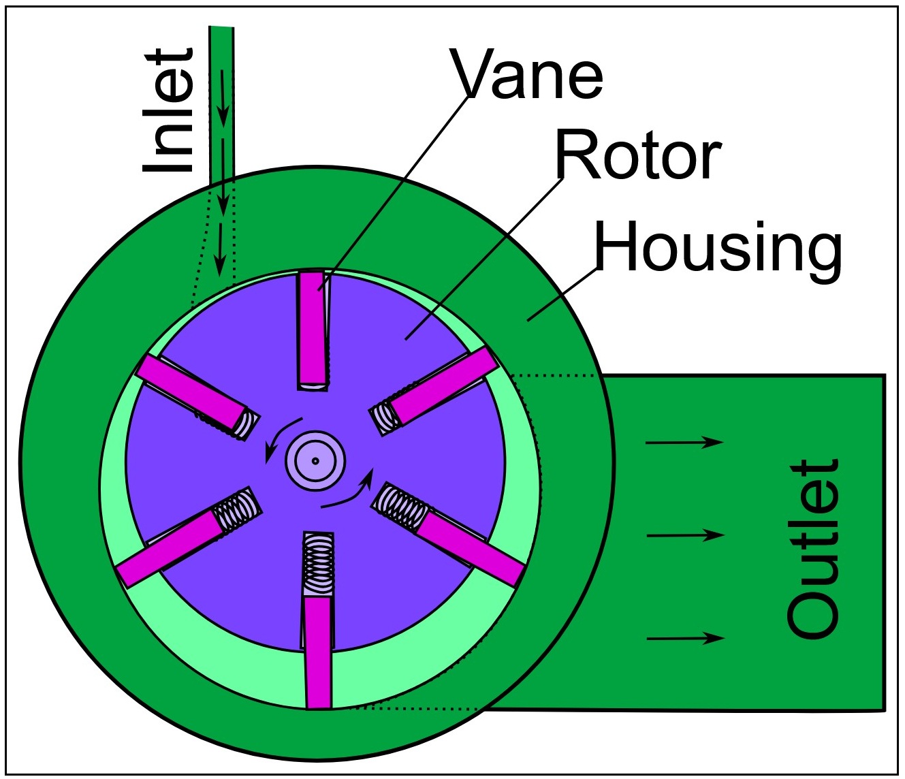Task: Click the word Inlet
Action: pyautogui.click(x=168, y=111)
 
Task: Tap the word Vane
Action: pyautogui.click(x=528, y=74)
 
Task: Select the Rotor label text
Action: pyautogui.click(x=637, y=156)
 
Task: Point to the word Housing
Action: pyautogui.click(x=718, y=248)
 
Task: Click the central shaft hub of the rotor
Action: pyautogui.click(x=316, y=460)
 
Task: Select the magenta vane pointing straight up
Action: pyautogui.click(x=312, y=328)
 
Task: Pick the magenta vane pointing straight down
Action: pyautogui.click(x=317, y=652)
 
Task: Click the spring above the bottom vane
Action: pyautogui.click(x=318, y=563)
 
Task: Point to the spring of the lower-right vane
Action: pyautogui.click(x=401, y=507)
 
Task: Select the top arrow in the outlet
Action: pyautogui.click(x=684, y=443)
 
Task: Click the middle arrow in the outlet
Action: pyautogui.click(x=684, y=536)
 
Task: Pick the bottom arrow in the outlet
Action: pyautogui.click(x=684, y=638)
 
